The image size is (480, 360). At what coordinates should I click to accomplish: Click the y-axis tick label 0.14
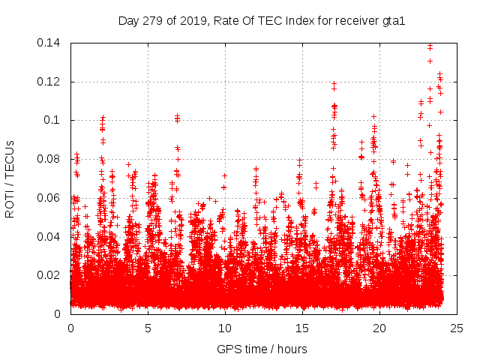(51, 43)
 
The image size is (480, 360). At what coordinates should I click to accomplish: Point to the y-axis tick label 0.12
(51, 82)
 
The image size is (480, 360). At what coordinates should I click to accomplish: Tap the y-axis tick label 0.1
(54, 120)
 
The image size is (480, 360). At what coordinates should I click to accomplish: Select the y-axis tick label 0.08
(51, 159)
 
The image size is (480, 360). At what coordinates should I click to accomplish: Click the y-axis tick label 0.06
(51, 198)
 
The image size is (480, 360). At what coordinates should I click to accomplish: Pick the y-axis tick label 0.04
(51, 237)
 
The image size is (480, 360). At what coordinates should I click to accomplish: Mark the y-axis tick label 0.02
(51, 275)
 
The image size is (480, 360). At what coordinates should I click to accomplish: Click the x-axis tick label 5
(148, 328)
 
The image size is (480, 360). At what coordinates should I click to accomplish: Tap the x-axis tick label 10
(225, 328)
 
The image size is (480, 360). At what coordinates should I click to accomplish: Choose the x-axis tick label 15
(302, 328)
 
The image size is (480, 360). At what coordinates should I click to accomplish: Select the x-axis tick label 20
(379, 328)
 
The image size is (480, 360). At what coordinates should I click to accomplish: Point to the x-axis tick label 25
(457, 328)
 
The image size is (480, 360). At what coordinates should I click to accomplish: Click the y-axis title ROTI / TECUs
(10, 178)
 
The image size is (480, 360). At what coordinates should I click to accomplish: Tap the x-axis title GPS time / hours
(262, 349)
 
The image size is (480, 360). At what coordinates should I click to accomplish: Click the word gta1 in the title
(393, 20)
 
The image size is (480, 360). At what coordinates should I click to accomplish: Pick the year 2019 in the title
(190, 20)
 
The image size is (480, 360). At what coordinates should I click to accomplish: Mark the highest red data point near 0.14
(430, 46)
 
